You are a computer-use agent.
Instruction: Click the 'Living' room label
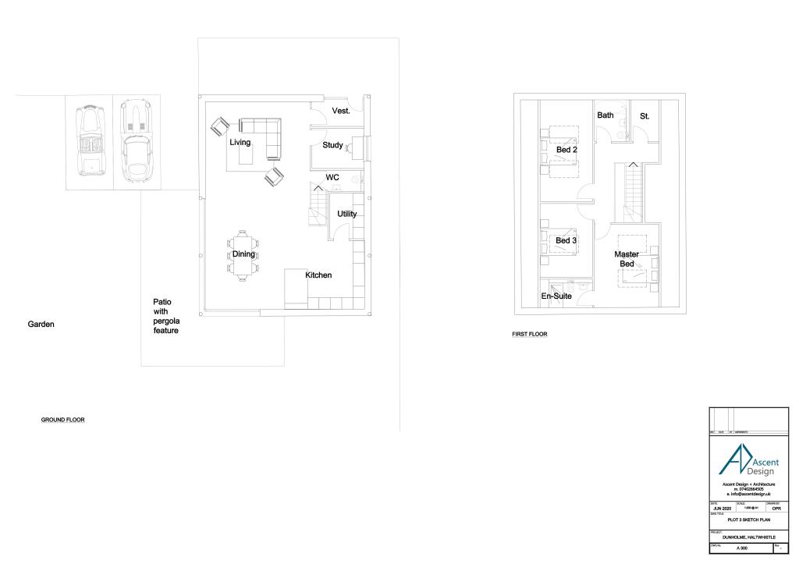click(240, 143)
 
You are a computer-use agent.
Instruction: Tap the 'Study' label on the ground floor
click(333, 145)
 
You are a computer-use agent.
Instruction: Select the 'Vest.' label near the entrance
click(341, 111)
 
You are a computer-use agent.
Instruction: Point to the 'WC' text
click(332, 178)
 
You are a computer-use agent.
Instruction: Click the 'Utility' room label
click(347, 214)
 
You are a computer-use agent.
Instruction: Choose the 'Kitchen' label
click(318, 275)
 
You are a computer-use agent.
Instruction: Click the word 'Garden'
click(41, 324)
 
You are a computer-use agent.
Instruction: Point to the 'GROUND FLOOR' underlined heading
click(62, 420)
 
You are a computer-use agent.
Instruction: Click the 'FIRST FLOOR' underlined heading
click(530, 334)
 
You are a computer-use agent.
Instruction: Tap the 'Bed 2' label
click(566, 150)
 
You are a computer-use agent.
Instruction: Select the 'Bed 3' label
click(566, 241)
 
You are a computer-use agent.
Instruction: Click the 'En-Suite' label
click(556, 296)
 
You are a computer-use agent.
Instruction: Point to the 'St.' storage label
click(645, 116)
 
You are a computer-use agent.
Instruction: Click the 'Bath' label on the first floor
click(605, 115)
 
